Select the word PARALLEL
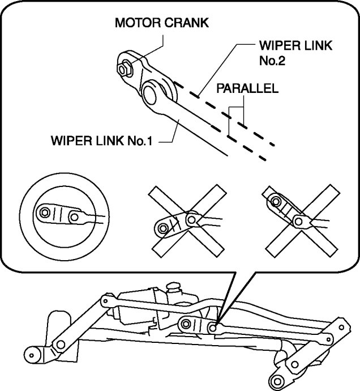point(247,89)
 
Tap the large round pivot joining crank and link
point(153,92)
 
